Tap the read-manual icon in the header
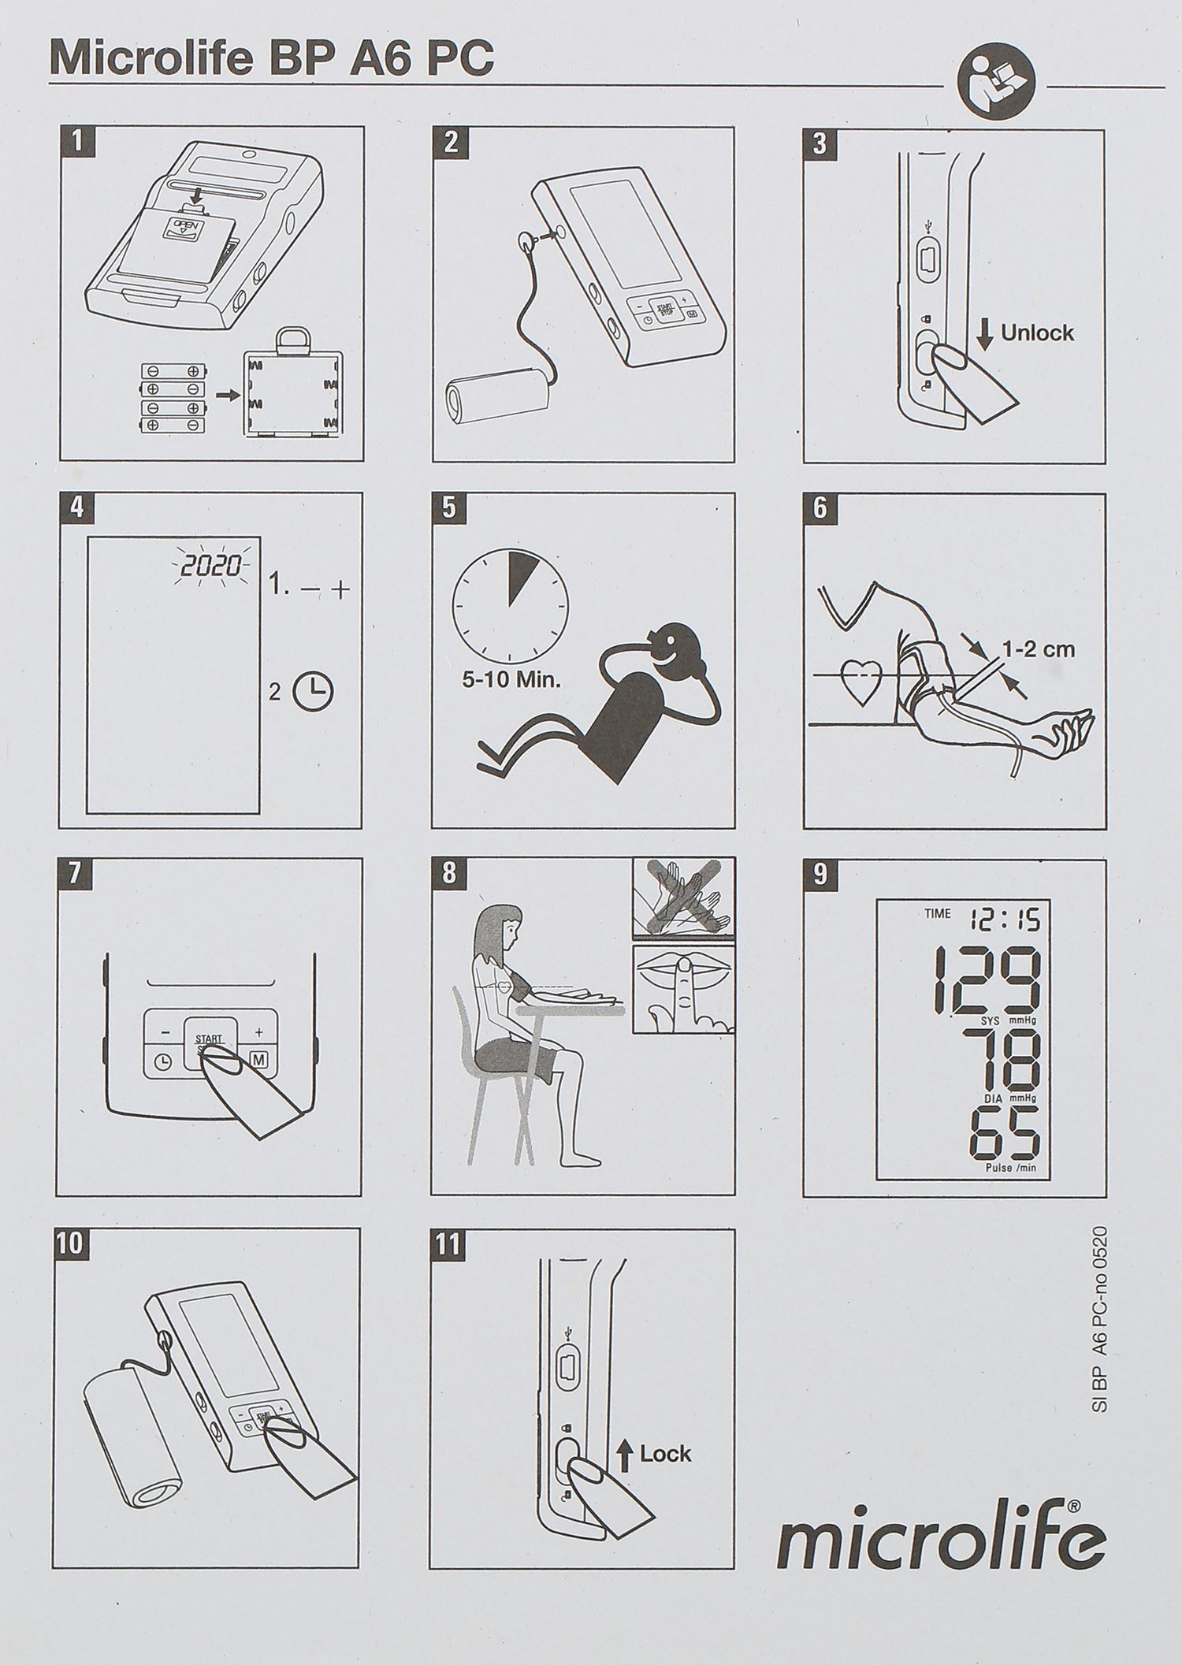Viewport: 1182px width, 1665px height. [x=994, y=86]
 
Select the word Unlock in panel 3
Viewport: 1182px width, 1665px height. [x=1037, y=333]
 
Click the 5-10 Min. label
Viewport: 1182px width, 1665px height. [x=511, y=679]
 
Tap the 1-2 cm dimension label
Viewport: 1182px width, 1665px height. [x=1038, y=649]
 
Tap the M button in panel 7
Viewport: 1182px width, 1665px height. [x=259, y=1060]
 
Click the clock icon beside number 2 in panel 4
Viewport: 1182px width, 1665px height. [x=313, y=692]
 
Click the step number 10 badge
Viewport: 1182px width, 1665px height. [x=69, y=1244]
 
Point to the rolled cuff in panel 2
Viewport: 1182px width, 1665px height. [x=497, y=394]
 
